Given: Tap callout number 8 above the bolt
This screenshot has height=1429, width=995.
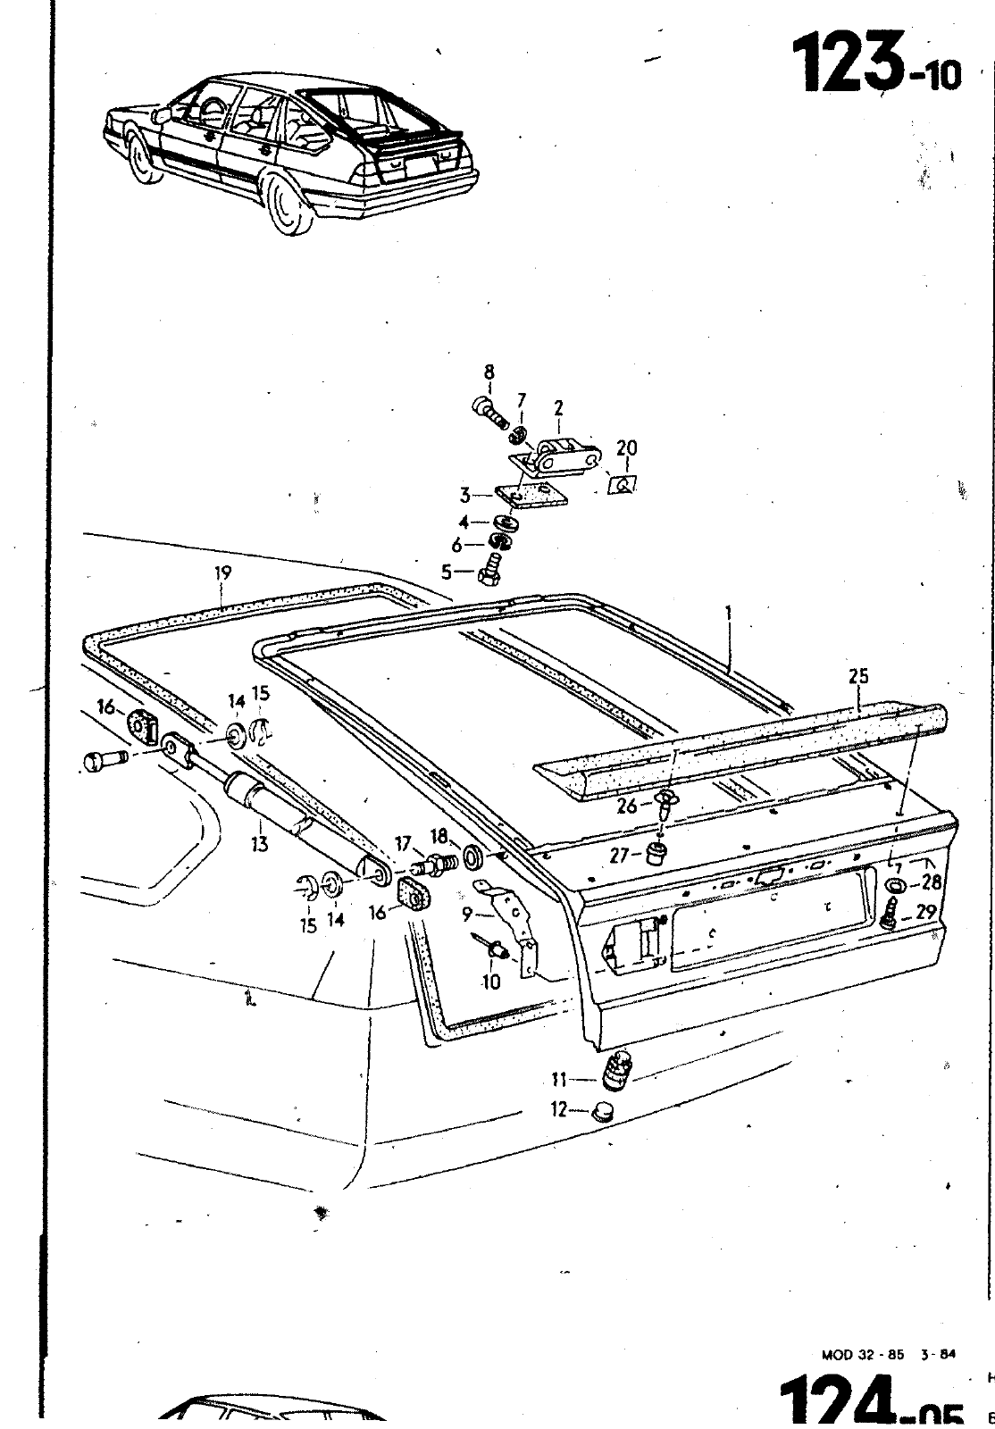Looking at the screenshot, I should tap(489, 372).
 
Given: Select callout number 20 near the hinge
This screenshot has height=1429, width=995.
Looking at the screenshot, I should tap(627, 447).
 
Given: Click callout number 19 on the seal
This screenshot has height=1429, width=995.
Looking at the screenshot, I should tap(222, 574).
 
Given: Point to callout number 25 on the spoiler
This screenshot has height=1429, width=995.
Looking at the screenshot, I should tap(858, 676).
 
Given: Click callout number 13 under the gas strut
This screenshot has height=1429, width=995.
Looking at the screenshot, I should tap(260, 843).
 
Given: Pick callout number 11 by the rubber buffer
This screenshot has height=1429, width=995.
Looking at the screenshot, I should tap(559, 1079).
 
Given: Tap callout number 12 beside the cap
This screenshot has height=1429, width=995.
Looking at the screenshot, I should tap(558, 1111).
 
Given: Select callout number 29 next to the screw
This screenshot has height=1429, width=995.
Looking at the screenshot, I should tap(925, 912).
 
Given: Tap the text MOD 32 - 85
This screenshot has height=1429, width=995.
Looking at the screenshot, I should tap(861, 1354).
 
